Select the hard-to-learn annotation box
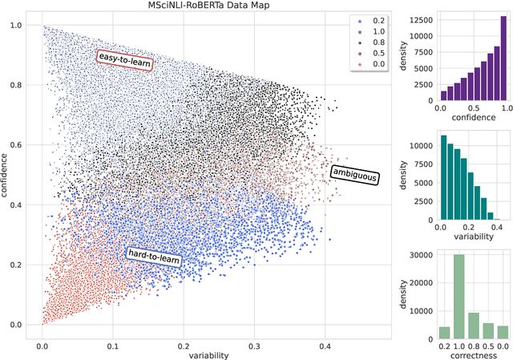(x=154, y=256)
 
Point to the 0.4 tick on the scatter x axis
(x=324, y=339)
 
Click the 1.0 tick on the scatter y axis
(x=16, y=26)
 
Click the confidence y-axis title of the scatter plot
(x=6, y=173)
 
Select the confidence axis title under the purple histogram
(x=473, y=118)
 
